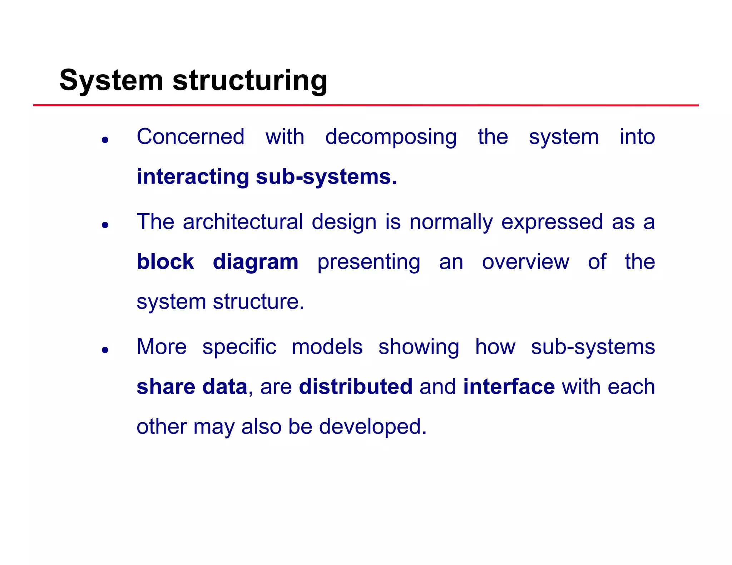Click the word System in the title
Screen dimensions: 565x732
(x=111, y=81)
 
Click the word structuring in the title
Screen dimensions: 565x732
(x=250, y=81)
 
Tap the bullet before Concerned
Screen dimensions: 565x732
(x=105, y=140)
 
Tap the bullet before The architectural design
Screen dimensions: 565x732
(x=105, y=225)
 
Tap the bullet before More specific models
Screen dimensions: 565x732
(x=105, y=350)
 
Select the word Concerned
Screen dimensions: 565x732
(x=191, y=137)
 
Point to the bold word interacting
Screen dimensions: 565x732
(x=193, y=177)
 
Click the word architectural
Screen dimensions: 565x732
(x=243, y=222)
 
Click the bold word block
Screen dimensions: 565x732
(x=165, y=262)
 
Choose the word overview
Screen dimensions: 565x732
(x=525, y=262)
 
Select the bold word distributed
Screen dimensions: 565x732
(x=356, y=387)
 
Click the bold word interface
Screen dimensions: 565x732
(x=509, y=387)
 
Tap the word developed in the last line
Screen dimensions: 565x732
(x=372, y=427)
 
